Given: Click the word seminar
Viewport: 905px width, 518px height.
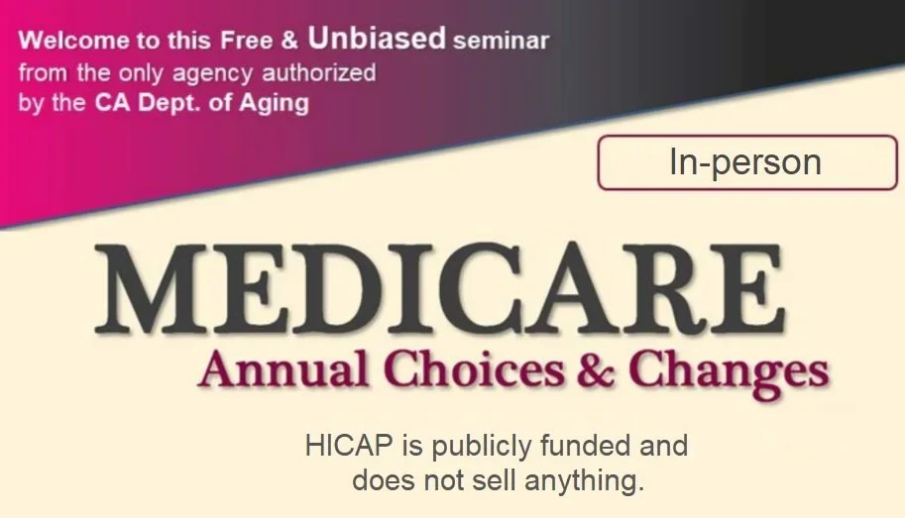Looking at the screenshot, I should coord(501,43).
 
